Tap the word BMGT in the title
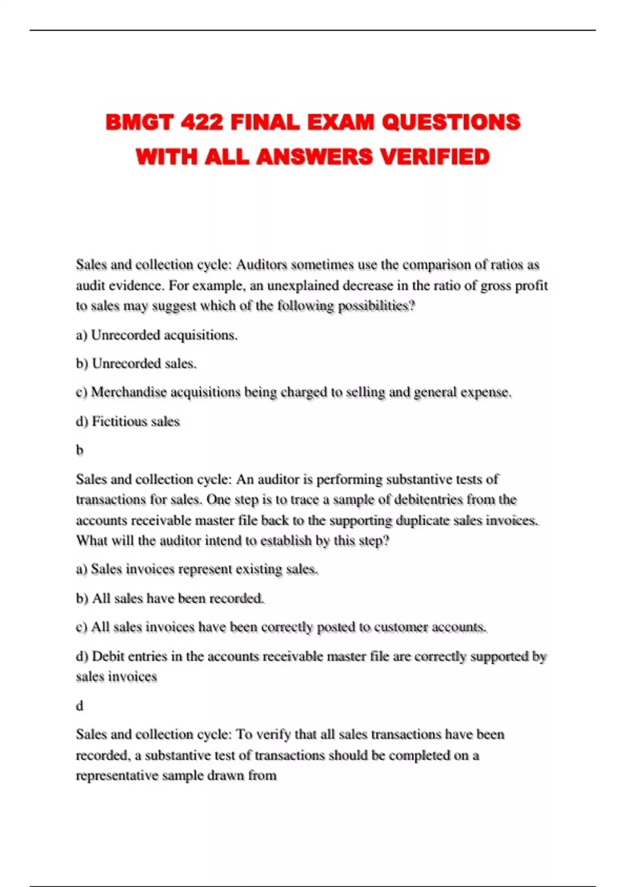(139, 123)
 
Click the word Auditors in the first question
(261, 265)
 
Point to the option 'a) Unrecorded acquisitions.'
(156, 335)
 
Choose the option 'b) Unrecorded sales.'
(136, 364)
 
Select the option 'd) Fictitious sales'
(128, 422)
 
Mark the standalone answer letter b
(80, 450)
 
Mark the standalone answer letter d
(80, 706)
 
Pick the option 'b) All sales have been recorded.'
(170, 598)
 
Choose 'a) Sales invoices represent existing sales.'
(197, 569)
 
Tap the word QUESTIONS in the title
(451, 123)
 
